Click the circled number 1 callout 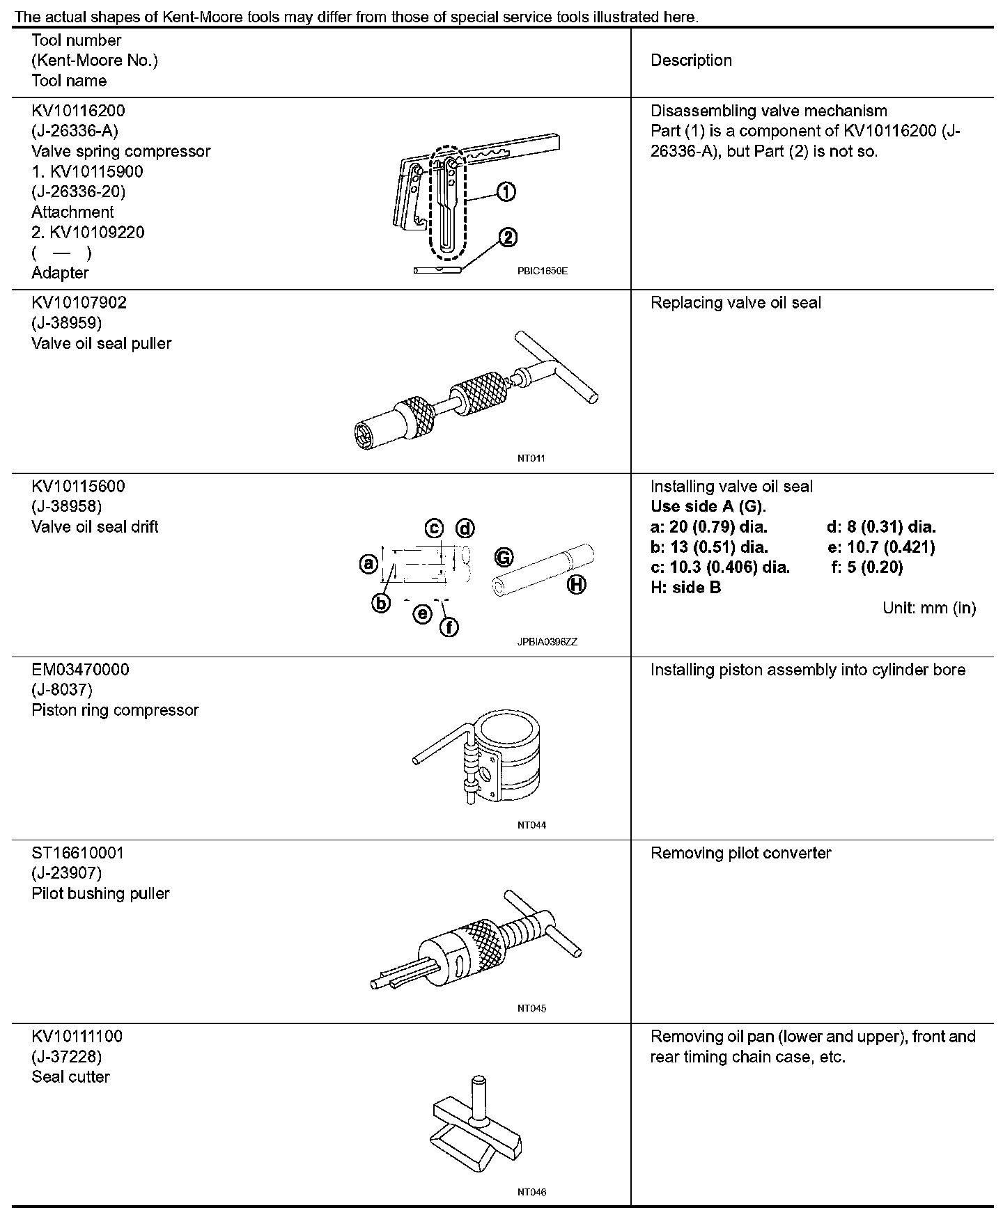pos(506,192)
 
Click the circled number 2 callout pos(508,238)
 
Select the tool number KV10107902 pos(79,303)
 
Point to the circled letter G pos(504,557)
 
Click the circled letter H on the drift pos(576,585)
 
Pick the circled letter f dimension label pos(449,628)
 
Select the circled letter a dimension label pos(368,563)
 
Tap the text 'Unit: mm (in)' pos(929,608)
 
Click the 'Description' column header pos(691,61)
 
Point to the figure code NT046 pos(531,1192)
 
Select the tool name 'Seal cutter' pos(70,1077)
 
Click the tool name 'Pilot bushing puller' pos(100,893)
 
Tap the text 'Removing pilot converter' pos(740,854)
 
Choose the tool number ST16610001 pos(77,853)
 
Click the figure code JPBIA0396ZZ pos(547,642)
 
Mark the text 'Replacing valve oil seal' pos(736,303)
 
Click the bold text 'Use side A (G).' pos(708,506)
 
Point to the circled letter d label pos(465,528)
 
